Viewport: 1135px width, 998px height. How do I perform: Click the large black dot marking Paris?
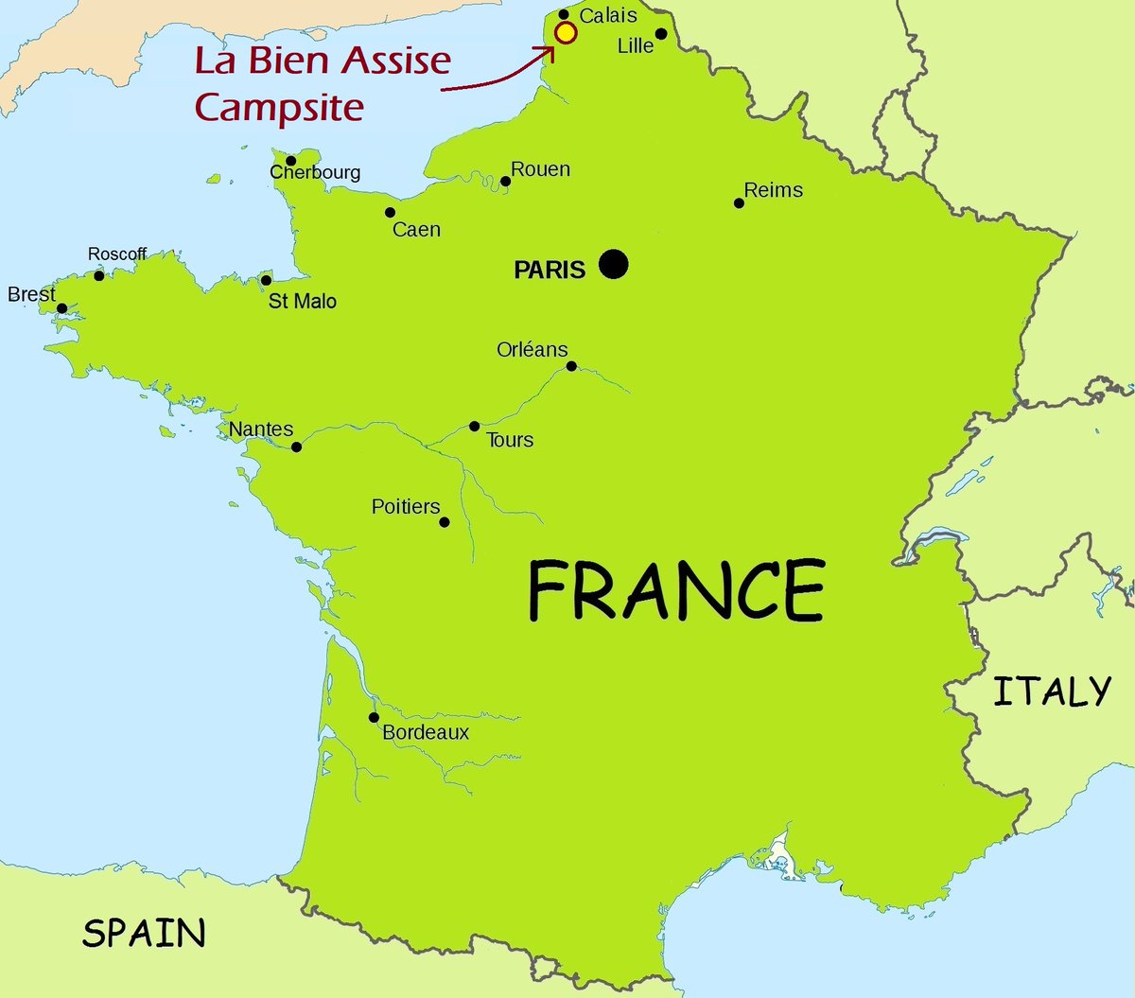pyautogui.click(x=613, y=264)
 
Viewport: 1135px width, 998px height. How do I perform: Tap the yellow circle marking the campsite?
pyautogui.click(x=566, y=33)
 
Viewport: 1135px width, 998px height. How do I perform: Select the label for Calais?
pyautogui.click(x=608, y=15)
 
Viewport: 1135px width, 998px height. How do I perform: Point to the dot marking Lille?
pyautogui.click(x=661, y=34)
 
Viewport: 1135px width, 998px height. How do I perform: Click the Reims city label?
pyautogui.click(x=773, y=190)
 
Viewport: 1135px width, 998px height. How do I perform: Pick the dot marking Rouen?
pyautogui.click(x=505, y=181)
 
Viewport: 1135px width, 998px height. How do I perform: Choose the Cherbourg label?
pyautogui.click(x=315, y=172)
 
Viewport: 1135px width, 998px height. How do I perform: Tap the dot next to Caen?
pyautogui.click(x=390, y=213)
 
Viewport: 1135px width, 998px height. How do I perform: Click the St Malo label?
pyautogui.click(x=303, y=301)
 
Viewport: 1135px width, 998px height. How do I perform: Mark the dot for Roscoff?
pyautogui.click(x=99, y=275)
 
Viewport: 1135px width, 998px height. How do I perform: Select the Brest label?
pyautogui.click(x=31, y=294)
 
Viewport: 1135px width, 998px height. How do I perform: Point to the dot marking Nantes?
pyautogui.click(x=296, y=446)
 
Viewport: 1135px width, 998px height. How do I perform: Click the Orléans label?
pyautogui.click(x=532, y=349)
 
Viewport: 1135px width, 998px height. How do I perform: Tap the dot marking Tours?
pyautogui.click(x=475, y=427)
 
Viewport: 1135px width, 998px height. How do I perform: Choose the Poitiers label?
pyautogui.click(x=406, y=507)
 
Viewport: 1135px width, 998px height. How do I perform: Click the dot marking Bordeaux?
pyautogui.click(x=375, y=717)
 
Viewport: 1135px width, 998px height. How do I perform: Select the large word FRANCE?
pyautogui.click(x=675, y=590)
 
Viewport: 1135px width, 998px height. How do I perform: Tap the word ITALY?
pyautogui.click(x=1051, y=692)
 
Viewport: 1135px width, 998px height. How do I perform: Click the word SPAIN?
pyautogui.click(x=144, y=933)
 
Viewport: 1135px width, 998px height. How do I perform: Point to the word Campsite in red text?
pyautogui.click(x=279, y=107)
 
